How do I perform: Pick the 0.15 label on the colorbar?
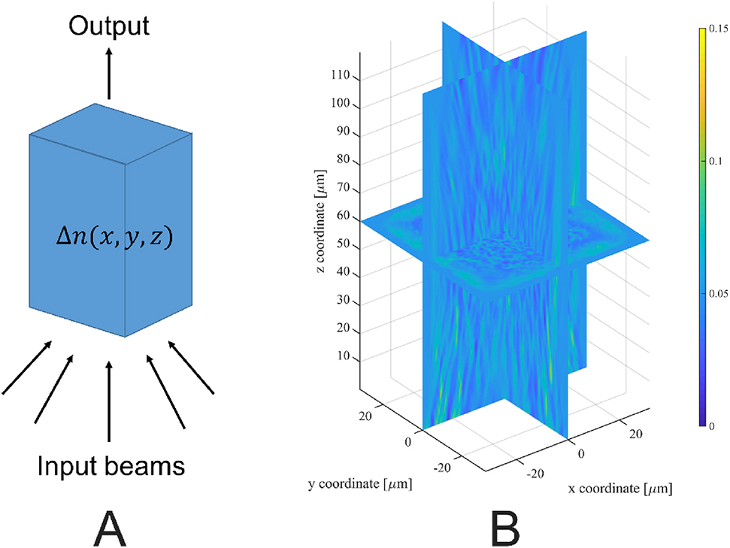(716, 30)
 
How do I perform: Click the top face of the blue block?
(111, 134)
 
